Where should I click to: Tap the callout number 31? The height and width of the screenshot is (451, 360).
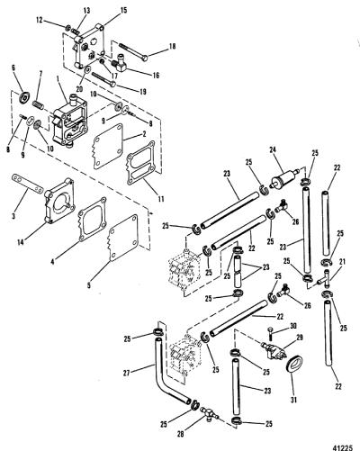coord(293,400)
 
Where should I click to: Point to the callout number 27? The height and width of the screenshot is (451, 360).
coord(127,373)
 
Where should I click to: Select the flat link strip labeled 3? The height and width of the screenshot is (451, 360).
coord(28,185)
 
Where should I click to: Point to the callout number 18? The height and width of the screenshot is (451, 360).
coord(172,47)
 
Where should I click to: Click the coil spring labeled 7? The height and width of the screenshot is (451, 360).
coord(39,105)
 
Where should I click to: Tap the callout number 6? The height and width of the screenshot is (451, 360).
coord(13,68)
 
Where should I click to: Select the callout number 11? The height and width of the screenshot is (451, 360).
coord(161,199)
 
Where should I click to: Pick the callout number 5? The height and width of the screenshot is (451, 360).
coord(89,285)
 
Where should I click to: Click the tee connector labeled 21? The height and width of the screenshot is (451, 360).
coord(324,277)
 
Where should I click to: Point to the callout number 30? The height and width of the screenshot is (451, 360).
coord(293,326)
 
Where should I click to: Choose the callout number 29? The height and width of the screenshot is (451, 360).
coord(299,338)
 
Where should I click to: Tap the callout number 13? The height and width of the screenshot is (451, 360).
coord(86,11)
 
